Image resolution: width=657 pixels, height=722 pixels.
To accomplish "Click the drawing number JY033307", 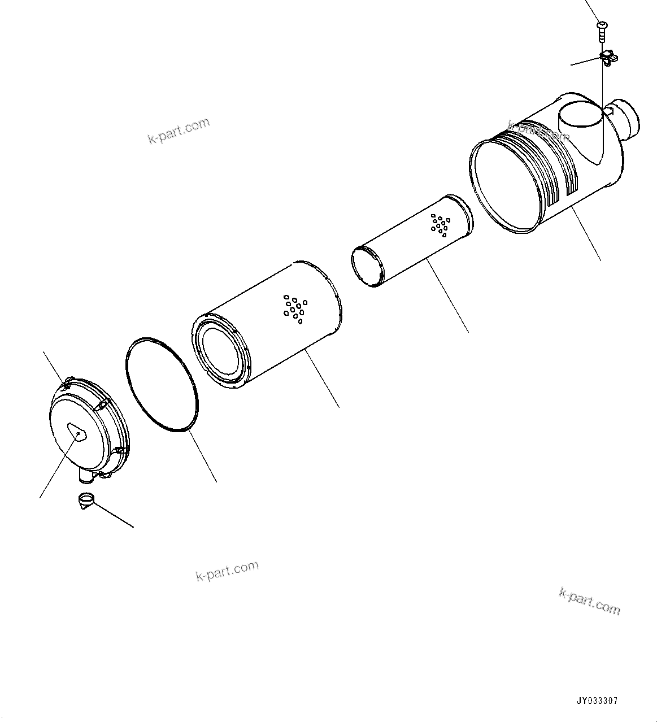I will (x=597, y=701).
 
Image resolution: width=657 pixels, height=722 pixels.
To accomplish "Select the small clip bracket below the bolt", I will (x=608, y=56).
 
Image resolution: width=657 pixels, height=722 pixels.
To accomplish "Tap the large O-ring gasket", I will (x=161, y=385).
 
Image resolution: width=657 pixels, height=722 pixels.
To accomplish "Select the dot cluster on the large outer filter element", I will (x=294, y=308).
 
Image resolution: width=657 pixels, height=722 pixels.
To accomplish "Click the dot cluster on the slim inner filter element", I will (x=439, y=225).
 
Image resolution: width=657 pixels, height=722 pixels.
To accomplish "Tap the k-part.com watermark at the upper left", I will (x=179, y=131).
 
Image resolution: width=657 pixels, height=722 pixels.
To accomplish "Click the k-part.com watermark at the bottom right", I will (x=589, y=600).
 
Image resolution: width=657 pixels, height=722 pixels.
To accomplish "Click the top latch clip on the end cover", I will (x=67, y=384).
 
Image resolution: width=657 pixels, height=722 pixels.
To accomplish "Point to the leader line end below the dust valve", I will (x=133, y=527).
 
